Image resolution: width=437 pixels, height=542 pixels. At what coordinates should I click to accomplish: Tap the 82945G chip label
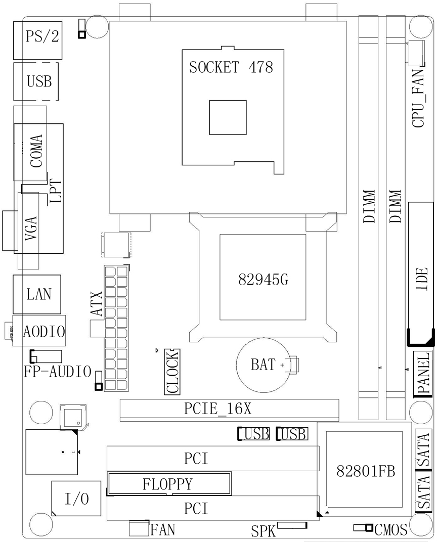(x=263, y=280)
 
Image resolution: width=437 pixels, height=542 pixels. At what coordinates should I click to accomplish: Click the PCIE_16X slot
(x=229, y=409)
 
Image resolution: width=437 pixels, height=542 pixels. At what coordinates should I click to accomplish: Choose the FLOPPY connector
(x=169, y=484)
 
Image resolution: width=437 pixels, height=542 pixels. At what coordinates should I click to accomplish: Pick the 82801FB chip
(x=366, y=470)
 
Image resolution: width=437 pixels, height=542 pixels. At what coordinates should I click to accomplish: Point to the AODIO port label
(x=44, y=332)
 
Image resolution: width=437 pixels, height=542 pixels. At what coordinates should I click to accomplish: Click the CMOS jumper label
(x=391, y=529)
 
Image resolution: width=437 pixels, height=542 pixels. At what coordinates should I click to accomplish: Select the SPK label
(x=263, y=531)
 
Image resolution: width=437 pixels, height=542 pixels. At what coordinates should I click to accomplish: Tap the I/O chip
(x=76, y=499)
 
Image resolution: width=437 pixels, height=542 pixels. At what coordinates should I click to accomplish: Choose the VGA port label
(x=30, y=230)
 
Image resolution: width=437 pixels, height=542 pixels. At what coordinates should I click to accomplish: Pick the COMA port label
(x=36, y=152)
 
